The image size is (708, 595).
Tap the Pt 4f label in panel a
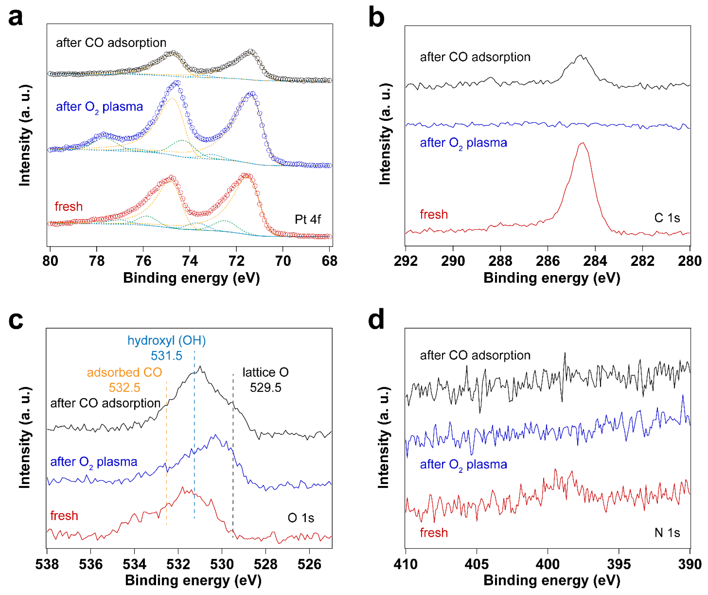pos(308,220)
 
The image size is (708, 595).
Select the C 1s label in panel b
pos(667,218)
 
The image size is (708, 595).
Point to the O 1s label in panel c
pos(301,518)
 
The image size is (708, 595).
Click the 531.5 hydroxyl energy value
pos(166,356)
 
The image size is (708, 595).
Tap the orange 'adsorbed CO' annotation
pos(124,372)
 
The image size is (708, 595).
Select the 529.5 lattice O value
pos(265,388)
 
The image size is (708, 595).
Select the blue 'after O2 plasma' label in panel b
pos(463,143)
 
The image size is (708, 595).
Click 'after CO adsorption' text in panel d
pos(475,355)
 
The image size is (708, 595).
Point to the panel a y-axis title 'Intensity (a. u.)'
pos(25,135)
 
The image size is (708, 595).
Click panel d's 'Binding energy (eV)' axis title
pos(552,581)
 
